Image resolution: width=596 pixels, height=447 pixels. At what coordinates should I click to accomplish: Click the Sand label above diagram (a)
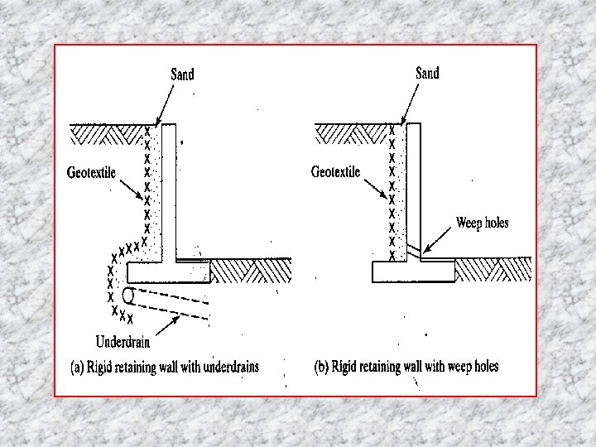182,74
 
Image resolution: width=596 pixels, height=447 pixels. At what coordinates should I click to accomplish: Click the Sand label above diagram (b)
427,74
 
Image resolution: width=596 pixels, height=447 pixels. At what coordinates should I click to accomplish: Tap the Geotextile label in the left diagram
91,173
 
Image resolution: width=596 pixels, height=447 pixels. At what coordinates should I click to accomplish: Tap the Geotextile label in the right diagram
335,172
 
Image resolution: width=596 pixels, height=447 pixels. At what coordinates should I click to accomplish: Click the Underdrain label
123,340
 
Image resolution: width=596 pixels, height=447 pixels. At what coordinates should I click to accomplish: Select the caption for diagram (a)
165,366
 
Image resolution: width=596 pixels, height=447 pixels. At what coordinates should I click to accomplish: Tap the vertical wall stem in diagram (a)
168,190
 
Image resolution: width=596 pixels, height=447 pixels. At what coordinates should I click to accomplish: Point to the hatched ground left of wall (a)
106,132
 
